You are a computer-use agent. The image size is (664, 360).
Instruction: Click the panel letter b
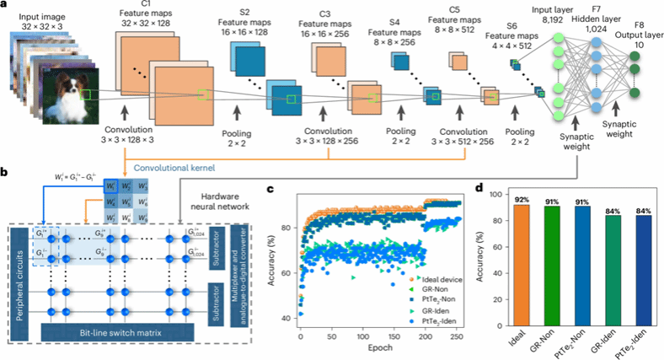6,173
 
